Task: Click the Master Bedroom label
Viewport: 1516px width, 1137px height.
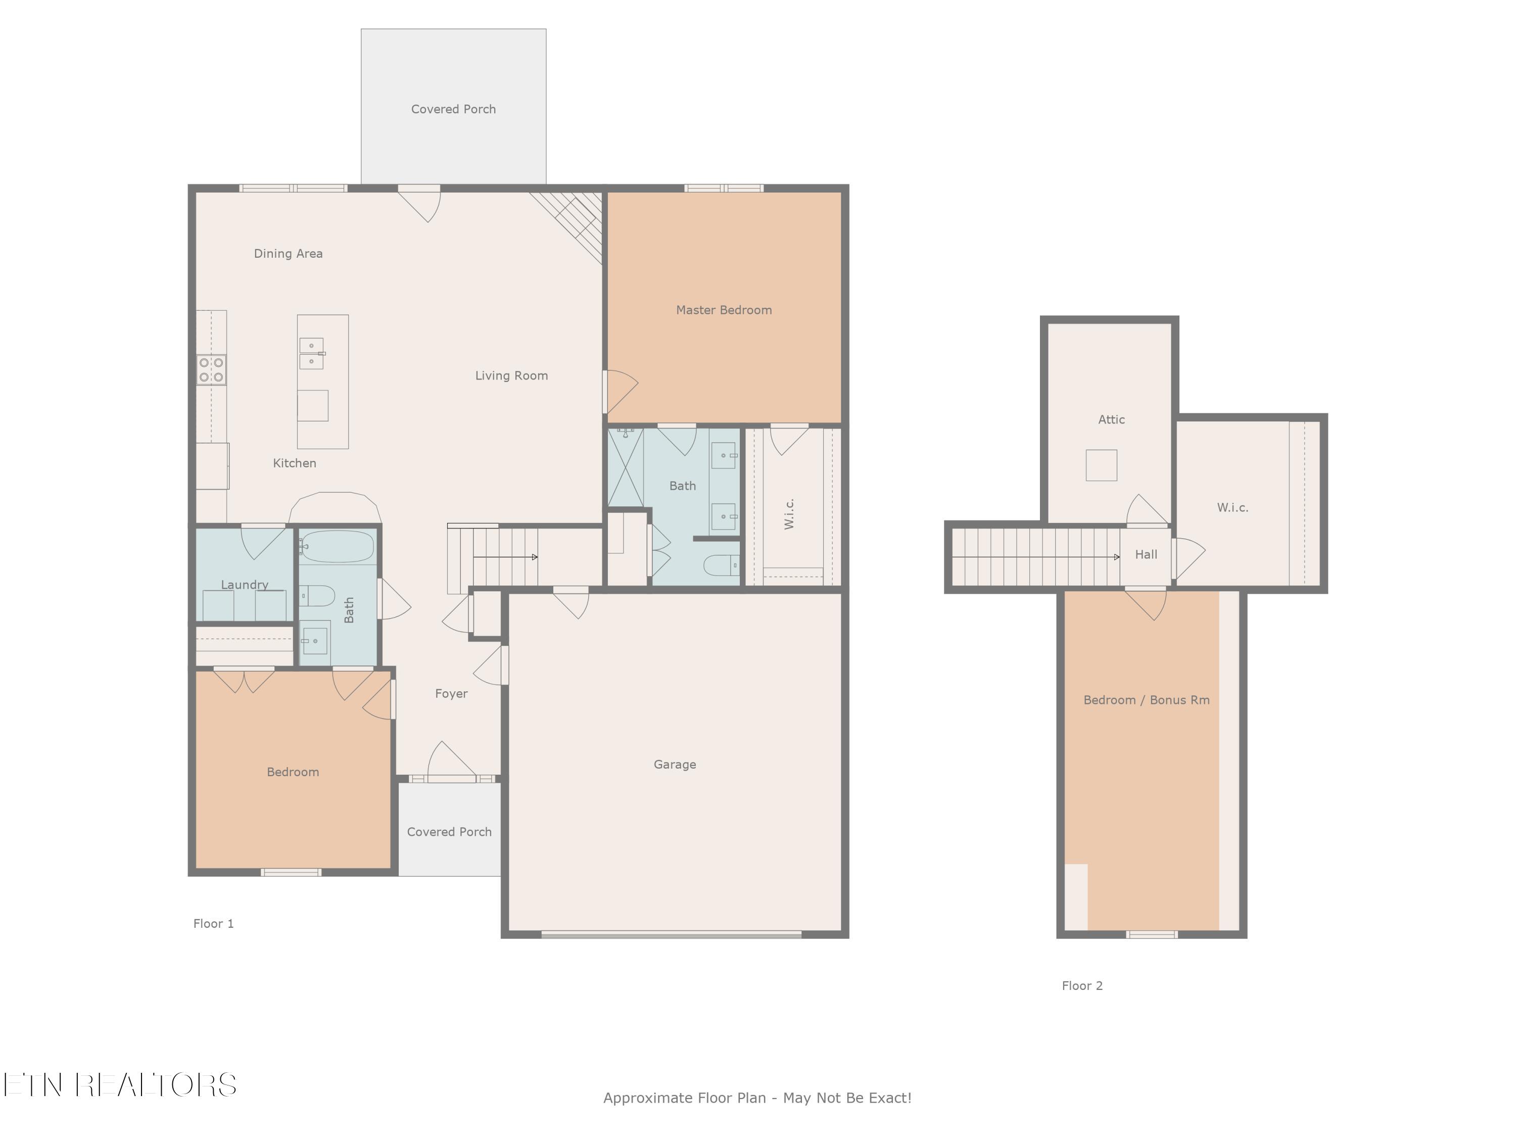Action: pos(724,310)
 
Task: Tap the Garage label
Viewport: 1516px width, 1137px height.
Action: pos(675,764)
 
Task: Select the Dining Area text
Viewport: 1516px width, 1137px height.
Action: pos(288,254)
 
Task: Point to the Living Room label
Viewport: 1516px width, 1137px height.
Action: pos(511,375)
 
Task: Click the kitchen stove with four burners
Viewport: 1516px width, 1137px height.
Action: pos(211,370)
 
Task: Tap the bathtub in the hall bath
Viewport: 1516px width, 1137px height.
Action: pos(337,547)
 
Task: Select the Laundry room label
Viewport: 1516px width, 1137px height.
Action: pos(244,585)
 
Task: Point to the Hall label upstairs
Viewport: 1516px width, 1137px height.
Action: pos(1146,554)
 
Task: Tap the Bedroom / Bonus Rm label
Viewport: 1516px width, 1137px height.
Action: pos(1146,700)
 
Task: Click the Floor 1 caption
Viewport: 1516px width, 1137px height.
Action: pos(213,923)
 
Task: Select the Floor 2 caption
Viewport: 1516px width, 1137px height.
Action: pos(1082,985)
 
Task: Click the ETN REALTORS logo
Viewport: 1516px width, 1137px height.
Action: pos(120,1085)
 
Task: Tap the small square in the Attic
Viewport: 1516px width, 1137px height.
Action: pos(1101,465)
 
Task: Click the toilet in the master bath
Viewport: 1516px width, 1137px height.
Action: pos(722,565)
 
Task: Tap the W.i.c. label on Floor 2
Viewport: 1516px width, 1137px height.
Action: pos(1233,507)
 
